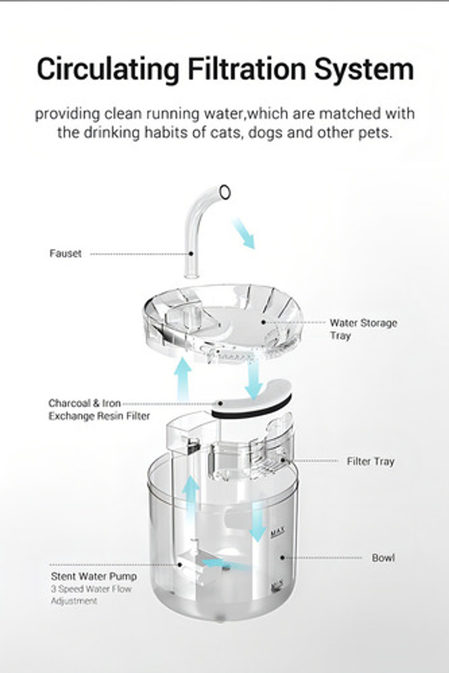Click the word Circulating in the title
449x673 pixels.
[x=108, y=70]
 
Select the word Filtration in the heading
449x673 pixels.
[x=247, y=70]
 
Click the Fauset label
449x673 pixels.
[x=65, y=254]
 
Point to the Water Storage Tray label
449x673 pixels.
[x=363, y=329]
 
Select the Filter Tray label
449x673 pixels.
[x=370, y=461]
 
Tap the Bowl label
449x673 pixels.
[x=383, y=558]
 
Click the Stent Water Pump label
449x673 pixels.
[x=94, y=576]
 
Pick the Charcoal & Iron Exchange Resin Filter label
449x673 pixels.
[x=99, y=410]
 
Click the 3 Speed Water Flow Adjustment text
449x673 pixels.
[x=91, y=595]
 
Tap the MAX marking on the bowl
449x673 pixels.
[x=278, y=533]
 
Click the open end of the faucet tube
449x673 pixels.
[x=225, y=191]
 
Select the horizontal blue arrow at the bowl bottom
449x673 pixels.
[x=220, y=564]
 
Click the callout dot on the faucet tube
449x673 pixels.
[x=191, y=254]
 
